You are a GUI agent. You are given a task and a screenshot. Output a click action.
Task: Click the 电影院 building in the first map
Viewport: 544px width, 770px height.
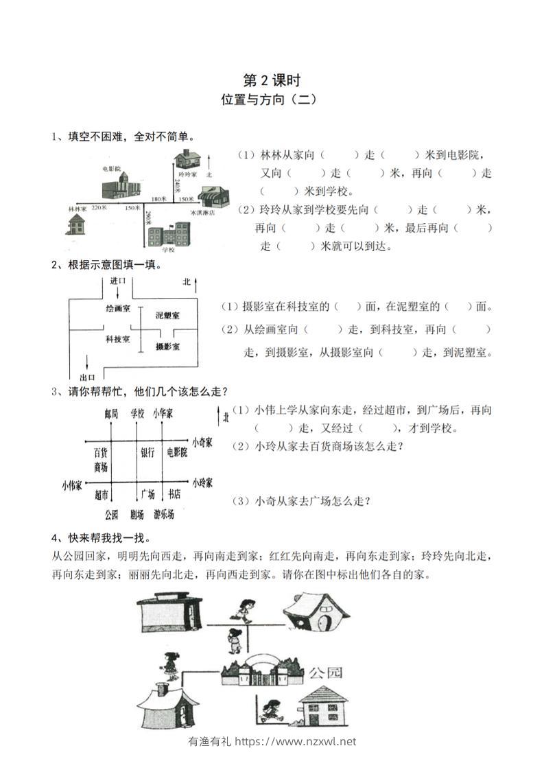pos(116,185)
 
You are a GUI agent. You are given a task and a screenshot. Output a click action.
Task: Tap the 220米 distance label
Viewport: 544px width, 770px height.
pos(99,207)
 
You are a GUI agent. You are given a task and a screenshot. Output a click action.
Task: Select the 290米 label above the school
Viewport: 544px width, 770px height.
pos(148,220)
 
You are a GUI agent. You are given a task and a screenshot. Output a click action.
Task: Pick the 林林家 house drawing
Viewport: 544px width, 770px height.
pos(77,224)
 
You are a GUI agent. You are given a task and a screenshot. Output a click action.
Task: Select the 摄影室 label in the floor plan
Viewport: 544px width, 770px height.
pos(167,347)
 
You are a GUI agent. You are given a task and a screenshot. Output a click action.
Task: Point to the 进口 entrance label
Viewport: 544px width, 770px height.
pos(117,281)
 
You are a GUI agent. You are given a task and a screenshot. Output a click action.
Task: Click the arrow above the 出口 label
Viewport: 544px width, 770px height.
pos(87,364)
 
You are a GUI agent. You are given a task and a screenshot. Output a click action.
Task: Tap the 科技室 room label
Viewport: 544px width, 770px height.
pos(117,340)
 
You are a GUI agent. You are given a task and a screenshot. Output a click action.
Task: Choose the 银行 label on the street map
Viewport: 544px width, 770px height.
pos(148,452)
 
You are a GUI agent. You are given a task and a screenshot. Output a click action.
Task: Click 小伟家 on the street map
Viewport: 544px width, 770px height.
pos(71,485)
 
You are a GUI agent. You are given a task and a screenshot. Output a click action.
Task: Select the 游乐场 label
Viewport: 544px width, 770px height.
pos(164,514)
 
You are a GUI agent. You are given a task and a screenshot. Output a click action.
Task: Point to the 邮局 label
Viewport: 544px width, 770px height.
pos(112,413)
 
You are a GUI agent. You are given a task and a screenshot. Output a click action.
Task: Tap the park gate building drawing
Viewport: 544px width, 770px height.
pos(262,670)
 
